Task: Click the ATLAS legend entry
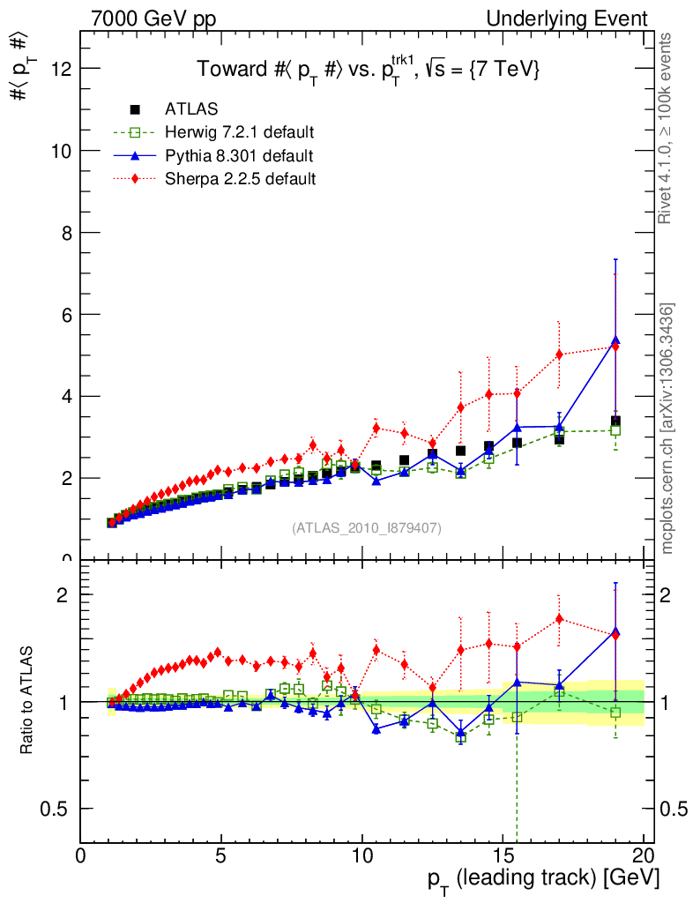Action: [x=191, y=109]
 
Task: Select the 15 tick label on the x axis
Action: [x=503, y=857]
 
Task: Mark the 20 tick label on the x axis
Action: [x=644, y=857]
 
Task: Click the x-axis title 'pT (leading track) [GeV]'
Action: [x=543, y=879]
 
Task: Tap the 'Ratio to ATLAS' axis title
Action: [x=29, y=700]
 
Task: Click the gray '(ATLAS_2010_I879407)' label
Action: [x=367, y=528]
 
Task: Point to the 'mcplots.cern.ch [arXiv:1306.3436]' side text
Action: [x=667, y=429]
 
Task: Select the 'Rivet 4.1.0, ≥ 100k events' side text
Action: [x=667, y=128]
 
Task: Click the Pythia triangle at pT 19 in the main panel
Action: [x=615, y=340]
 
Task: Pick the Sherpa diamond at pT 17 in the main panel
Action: [x=559, y=354]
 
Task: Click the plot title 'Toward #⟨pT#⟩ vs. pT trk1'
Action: [x=367, y=69]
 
